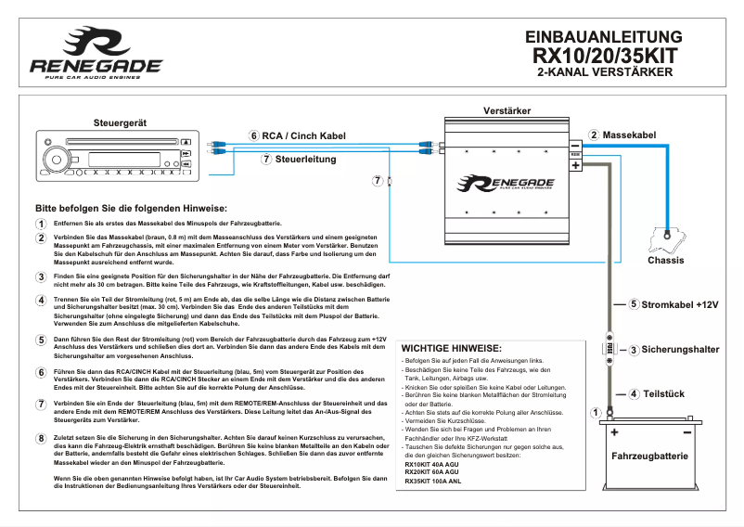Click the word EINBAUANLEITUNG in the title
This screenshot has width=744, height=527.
pos(604,37)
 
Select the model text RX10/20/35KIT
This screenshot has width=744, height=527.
pos(604,56)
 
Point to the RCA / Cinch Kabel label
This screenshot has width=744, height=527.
pos(303,136)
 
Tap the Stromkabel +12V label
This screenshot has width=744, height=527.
pos(680,304)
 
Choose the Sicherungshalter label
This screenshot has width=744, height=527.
pos(680,350)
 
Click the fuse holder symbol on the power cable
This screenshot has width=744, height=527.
pos(609,349)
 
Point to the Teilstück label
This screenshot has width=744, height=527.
pos(663,394)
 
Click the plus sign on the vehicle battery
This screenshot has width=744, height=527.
pos(614,432)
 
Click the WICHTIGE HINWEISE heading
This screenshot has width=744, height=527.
pos(451,347)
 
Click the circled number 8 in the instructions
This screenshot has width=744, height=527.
pos(41,438)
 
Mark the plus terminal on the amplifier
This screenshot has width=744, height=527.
pos(575,165)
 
